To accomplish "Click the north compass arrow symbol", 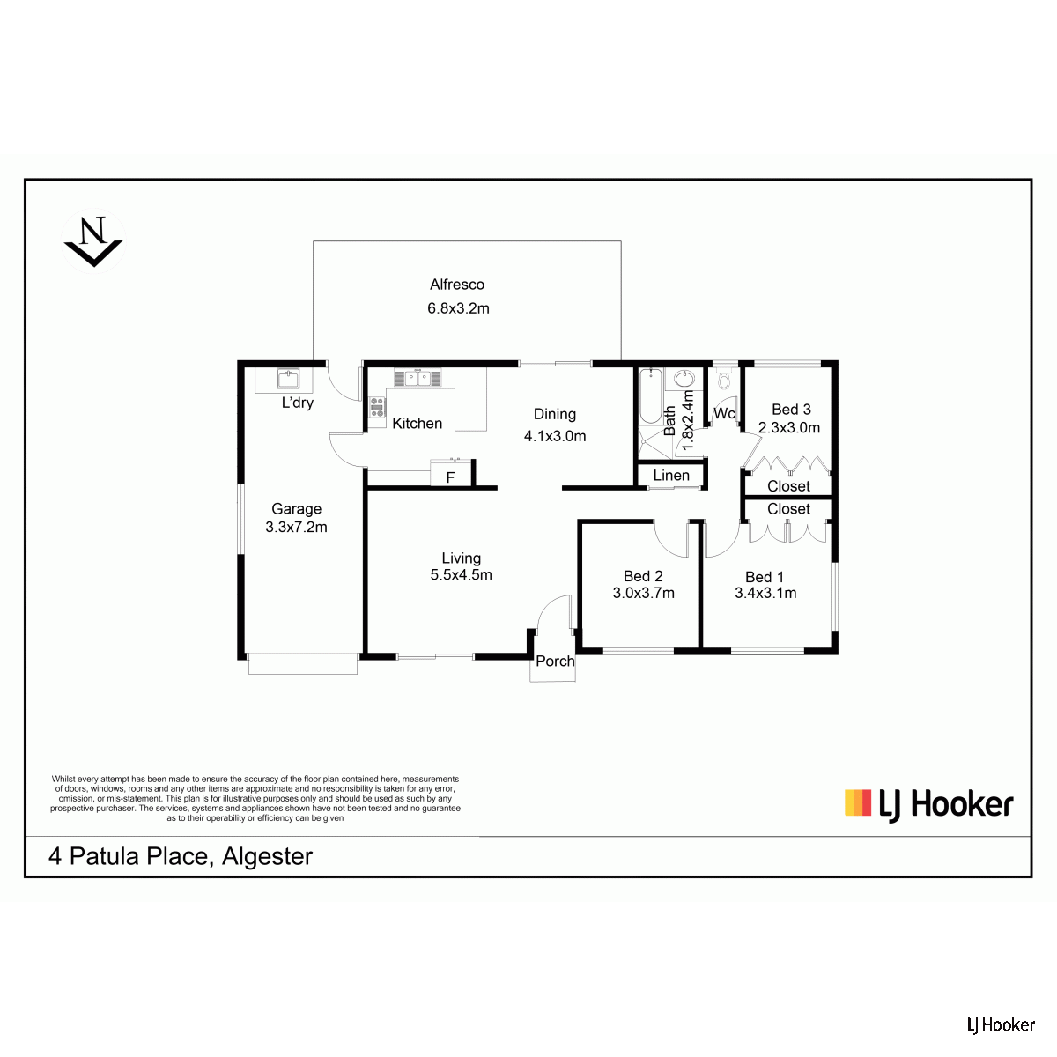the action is [x=93, y=240].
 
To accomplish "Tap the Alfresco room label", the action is [x=457, y=285].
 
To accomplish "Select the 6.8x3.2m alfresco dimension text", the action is [x=458, y=308].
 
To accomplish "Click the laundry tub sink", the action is [x=289, y=379].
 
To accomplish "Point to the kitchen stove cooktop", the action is [x=377, y=407].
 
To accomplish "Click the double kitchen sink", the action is [x=418, y=378].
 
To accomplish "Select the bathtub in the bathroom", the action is [x=651, y=396].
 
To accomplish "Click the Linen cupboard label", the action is [x=671, y=475].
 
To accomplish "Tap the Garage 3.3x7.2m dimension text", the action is [x=296, y=527].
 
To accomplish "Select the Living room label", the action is [x=462, y=558].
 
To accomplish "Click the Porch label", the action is [x=555, y=661].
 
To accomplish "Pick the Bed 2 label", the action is [x=643, y=576].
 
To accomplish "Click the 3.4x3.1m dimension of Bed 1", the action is [x=765, y=593].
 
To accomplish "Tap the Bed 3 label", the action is [x=791, y=410].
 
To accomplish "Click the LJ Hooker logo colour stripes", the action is [x=858, y=802].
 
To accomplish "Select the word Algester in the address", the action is [x=267, y=856].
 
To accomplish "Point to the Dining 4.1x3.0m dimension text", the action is [x=555, y=436].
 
